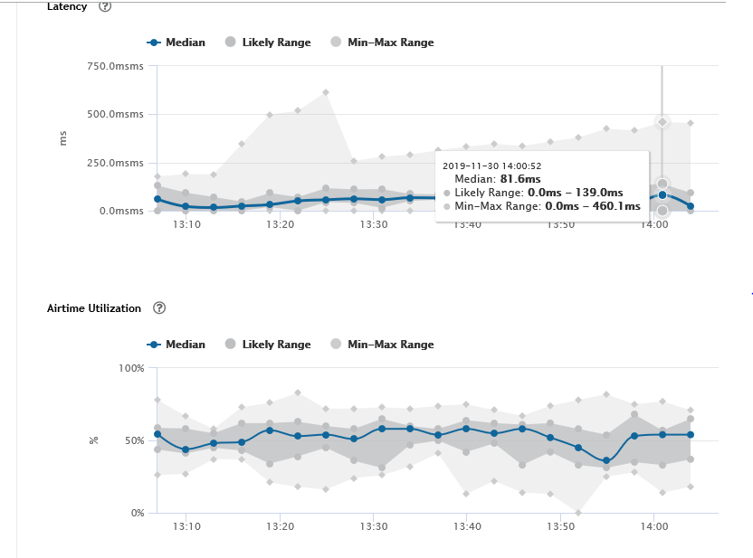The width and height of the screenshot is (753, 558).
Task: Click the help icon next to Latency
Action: tap(105, 6)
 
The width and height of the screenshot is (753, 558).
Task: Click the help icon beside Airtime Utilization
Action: tap(159, 307)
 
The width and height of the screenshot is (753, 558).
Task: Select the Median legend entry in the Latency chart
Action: tap(177, 42)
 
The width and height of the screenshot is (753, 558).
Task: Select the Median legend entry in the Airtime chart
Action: tap(177, 344)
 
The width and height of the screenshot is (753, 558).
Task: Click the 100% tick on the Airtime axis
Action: tap(132, 368)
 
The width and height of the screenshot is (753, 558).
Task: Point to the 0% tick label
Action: tap(138, 513)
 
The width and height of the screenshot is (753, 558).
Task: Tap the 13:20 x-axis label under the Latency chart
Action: tap(281, 224)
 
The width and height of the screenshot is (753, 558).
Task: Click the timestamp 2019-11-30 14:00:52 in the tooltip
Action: tap(492, 166)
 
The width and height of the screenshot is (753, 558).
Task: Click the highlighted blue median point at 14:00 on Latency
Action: tap(662, 194)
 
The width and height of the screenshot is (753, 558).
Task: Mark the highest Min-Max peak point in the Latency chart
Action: tap(326, 92)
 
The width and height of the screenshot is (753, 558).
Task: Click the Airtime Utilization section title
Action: tap(94, 308)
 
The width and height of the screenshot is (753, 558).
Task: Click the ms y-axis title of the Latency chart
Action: tap(63, 137)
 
